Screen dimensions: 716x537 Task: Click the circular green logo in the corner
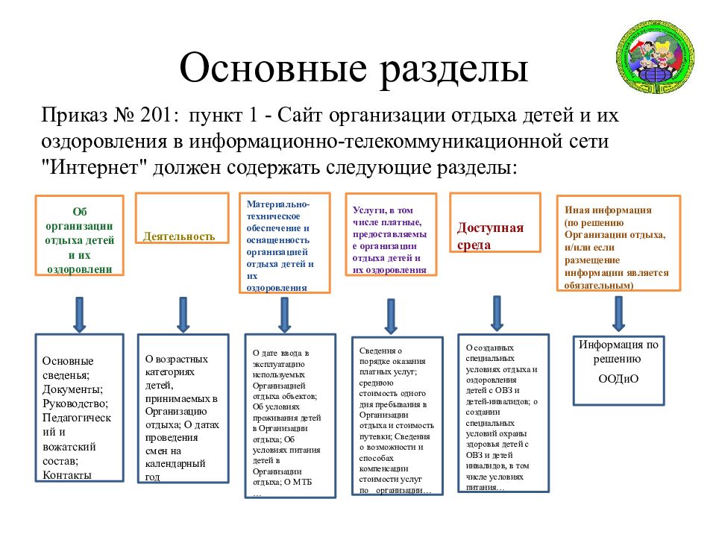pyautogui.click(x=656, y=57)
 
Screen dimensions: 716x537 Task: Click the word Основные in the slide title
pyautogui.click(x=273, y=68)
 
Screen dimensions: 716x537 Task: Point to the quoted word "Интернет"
pyautogui.click(x=94, y=167)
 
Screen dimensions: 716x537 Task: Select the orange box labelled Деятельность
pyautogui.click(x=182, y=218)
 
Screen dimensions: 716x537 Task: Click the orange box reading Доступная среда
pyautogui.click(x=495, y=222)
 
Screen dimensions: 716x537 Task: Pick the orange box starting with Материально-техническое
pyautogui.click(x=284, y=243)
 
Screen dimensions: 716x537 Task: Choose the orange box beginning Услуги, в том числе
pyautogui.click(x=391, y=234)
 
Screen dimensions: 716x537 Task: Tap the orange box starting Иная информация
pyautogui.click(x=619, y=243)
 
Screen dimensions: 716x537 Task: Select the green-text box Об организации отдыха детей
pyautogui.click(x=80, y=236)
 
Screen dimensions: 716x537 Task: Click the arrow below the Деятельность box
pyautogui.click(x=183, y=315)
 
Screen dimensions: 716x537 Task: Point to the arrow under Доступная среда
pyautogui.click(x=497, y=313)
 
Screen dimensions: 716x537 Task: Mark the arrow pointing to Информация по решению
pyautogui.click(x=619, y=314)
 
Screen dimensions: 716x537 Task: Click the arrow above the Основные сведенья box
pyautogui.click(x=80, y=315)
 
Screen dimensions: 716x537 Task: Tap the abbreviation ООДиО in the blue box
pyautogui.click(x=618, y=379)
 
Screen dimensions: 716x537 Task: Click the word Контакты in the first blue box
pyautogui.click(x=67, y=475)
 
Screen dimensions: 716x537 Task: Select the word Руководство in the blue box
pyautogui.click(x=75, y=403)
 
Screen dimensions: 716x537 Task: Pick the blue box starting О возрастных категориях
pyautogui.click(x=183, y=408)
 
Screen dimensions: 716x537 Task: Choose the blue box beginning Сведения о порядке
pyautogui.click(x=398, y=416)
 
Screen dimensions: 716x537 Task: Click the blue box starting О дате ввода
pyautogui.click(x=290, y=415)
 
